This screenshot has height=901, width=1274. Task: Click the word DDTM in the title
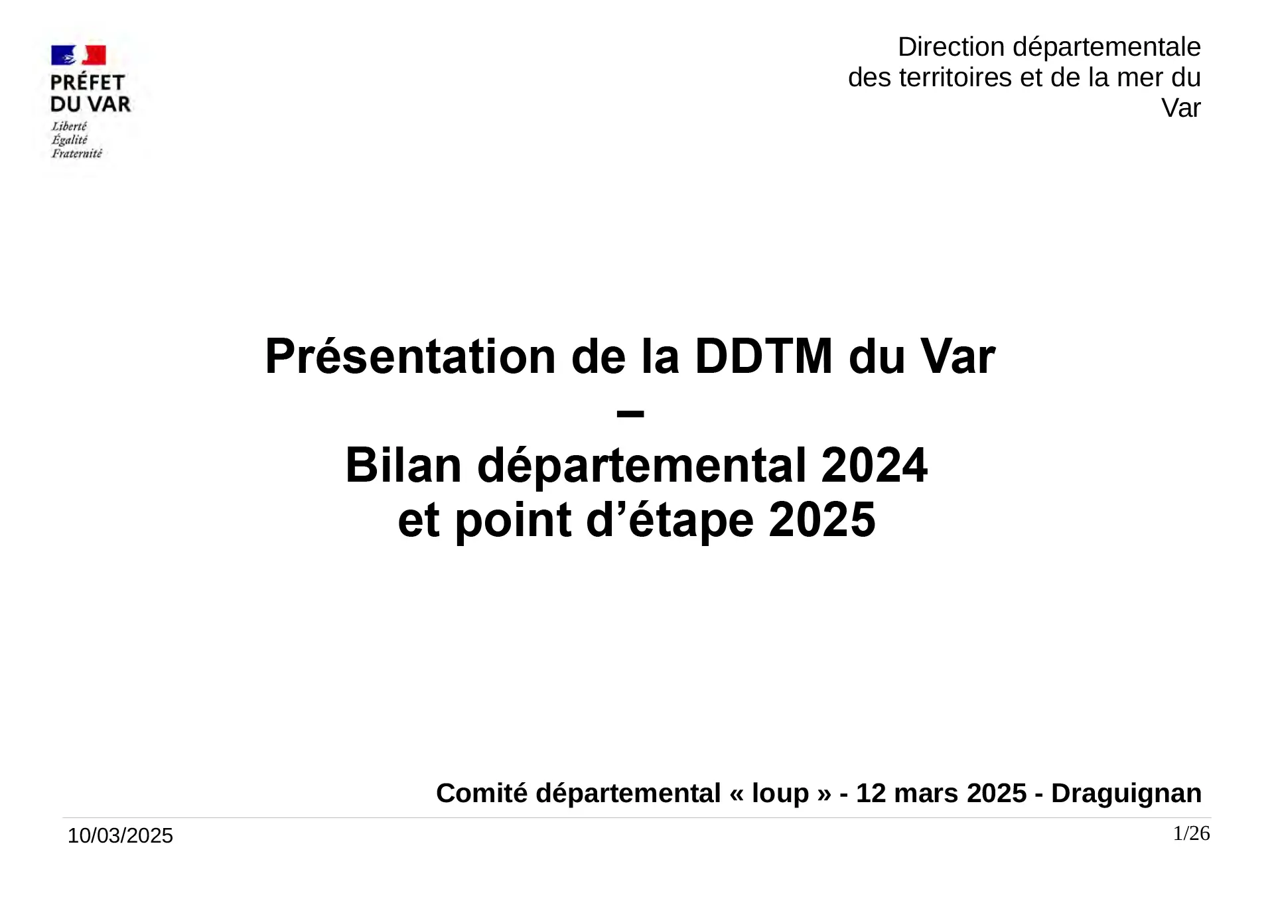763,357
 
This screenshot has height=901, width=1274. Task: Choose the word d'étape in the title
670,521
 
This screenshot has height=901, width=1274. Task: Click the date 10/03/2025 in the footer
120,835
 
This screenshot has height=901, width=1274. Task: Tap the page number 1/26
1192,833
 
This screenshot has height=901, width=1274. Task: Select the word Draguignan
1126,794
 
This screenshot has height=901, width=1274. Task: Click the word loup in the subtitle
780,794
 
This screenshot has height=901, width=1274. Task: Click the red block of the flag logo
94,55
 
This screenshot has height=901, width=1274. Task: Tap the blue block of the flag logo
63,55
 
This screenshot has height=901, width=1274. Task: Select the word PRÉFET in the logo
88,83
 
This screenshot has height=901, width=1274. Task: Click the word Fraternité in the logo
77,154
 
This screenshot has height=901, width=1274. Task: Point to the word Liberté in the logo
69,126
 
